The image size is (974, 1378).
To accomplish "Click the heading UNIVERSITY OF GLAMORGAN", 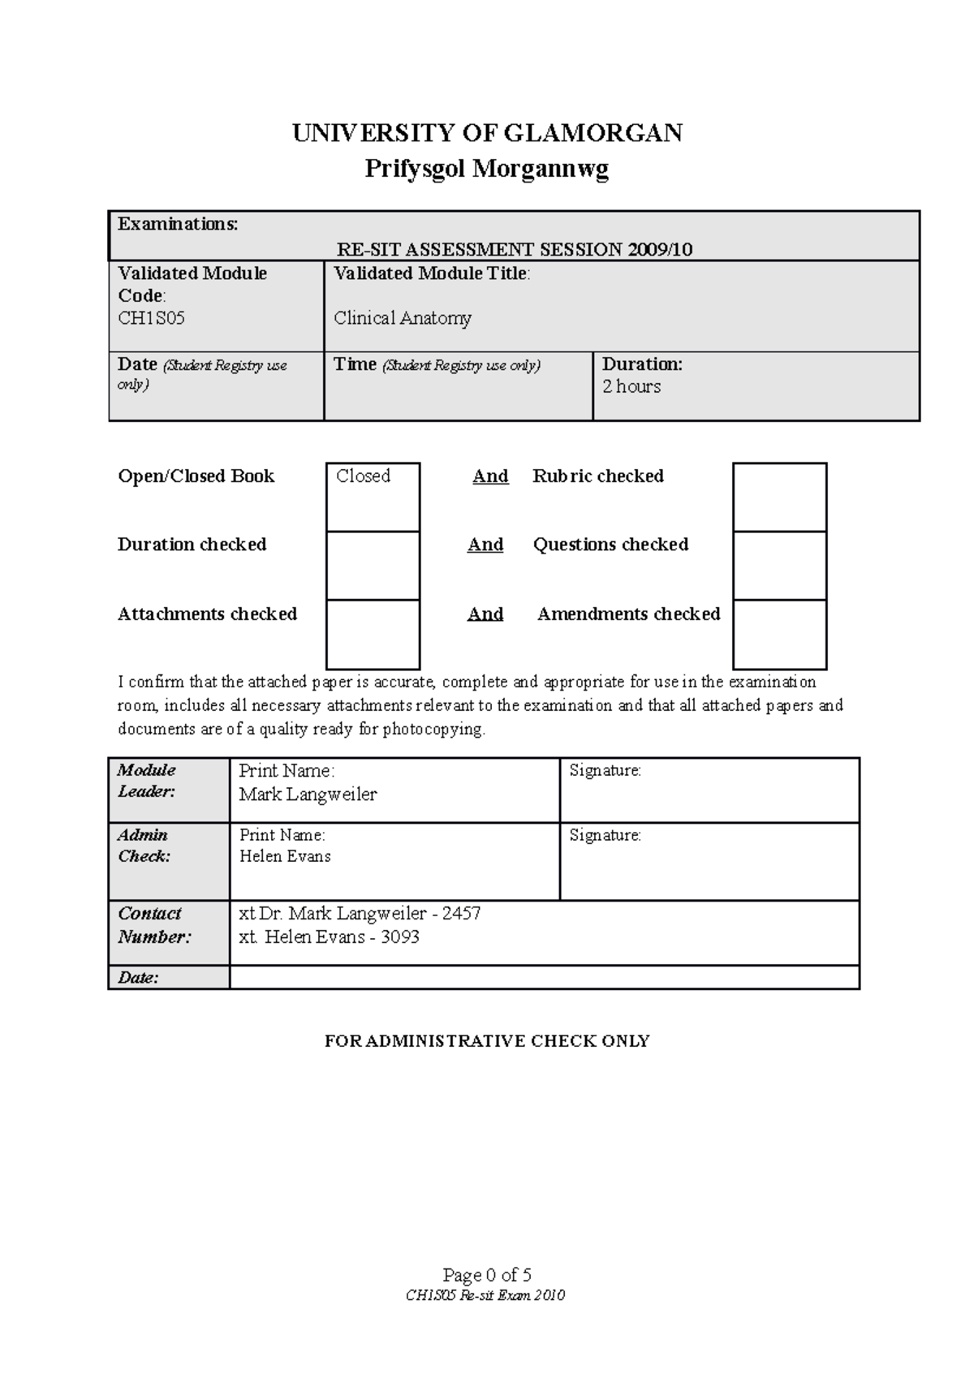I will coord(487,133).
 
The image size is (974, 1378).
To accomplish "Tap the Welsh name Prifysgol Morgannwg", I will coord(486,169).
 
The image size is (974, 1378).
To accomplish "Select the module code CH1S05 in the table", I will coord(152,318).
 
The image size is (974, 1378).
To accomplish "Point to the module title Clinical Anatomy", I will coord(403,318).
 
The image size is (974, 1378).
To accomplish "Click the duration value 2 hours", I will coord(631,386).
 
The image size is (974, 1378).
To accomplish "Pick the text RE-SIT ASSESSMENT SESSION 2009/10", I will coord(515,249).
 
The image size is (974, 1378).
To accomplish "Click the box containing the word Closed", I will coord(373,497).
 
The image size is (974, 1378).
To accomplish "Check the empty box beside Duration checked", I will coord(373,566).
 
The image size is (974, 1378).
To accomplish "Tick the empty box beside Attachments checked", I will coord(373,635).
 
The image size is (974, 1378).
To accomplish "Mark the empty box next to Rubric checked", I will coord(779,497).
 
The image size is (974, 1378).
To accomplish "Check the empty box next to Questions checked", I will coord(779,566).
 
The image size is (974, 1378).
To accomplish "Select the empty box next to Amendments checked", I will coord(779,635).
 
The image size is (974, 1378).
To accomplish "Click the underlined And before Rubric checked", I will coord(490,476).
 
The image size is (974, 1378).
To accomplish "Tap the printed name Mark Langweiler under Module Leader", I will coord(308,795).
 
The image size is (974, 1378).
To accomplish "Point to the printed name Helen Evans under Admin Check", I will coord(285,856).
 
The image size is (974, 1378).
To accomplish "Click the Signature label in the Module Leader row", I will coord(605,771).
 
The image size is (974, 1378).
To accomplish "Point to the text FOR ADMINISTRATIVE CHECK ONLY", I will coord(487,1041).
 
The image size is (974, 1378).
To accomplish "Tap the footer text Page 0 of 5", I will coord(487,1275).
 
